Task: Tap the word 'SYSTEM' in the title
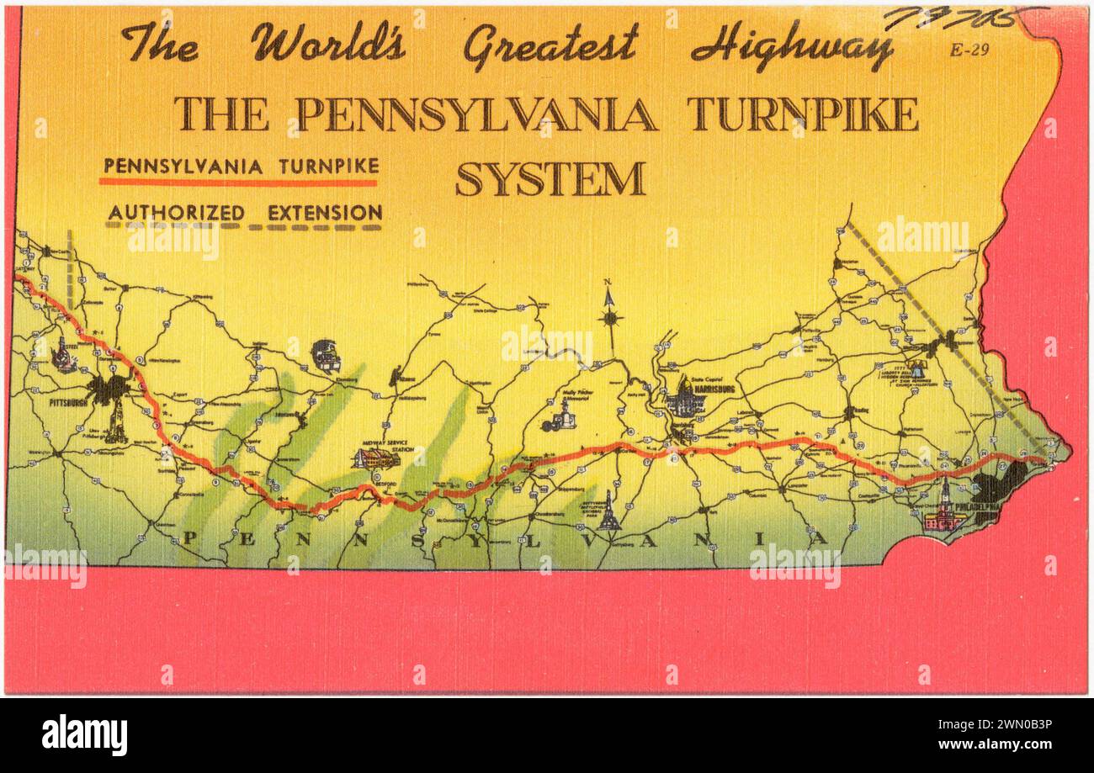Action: [x=550, y=178]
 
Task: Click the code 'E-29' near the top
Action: [x=969, y=50]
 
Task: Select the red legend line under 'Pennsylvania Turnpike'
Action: [x=238, y=181]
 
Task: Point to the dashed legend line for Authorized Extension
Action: [x=244, y=226]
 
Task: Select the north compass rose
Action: [x=611, y=316]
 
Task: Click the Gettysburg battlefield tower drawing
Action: [x=608, y=513]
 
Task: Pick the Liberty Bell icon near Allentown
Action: [x=916, y=368]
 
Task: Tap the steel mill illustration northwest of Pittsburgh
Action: [x=63, y=357]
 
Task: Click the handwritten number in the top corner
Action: [x=959, y=18]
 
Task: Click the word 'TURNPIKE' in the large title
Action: [x=802, y=114]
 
